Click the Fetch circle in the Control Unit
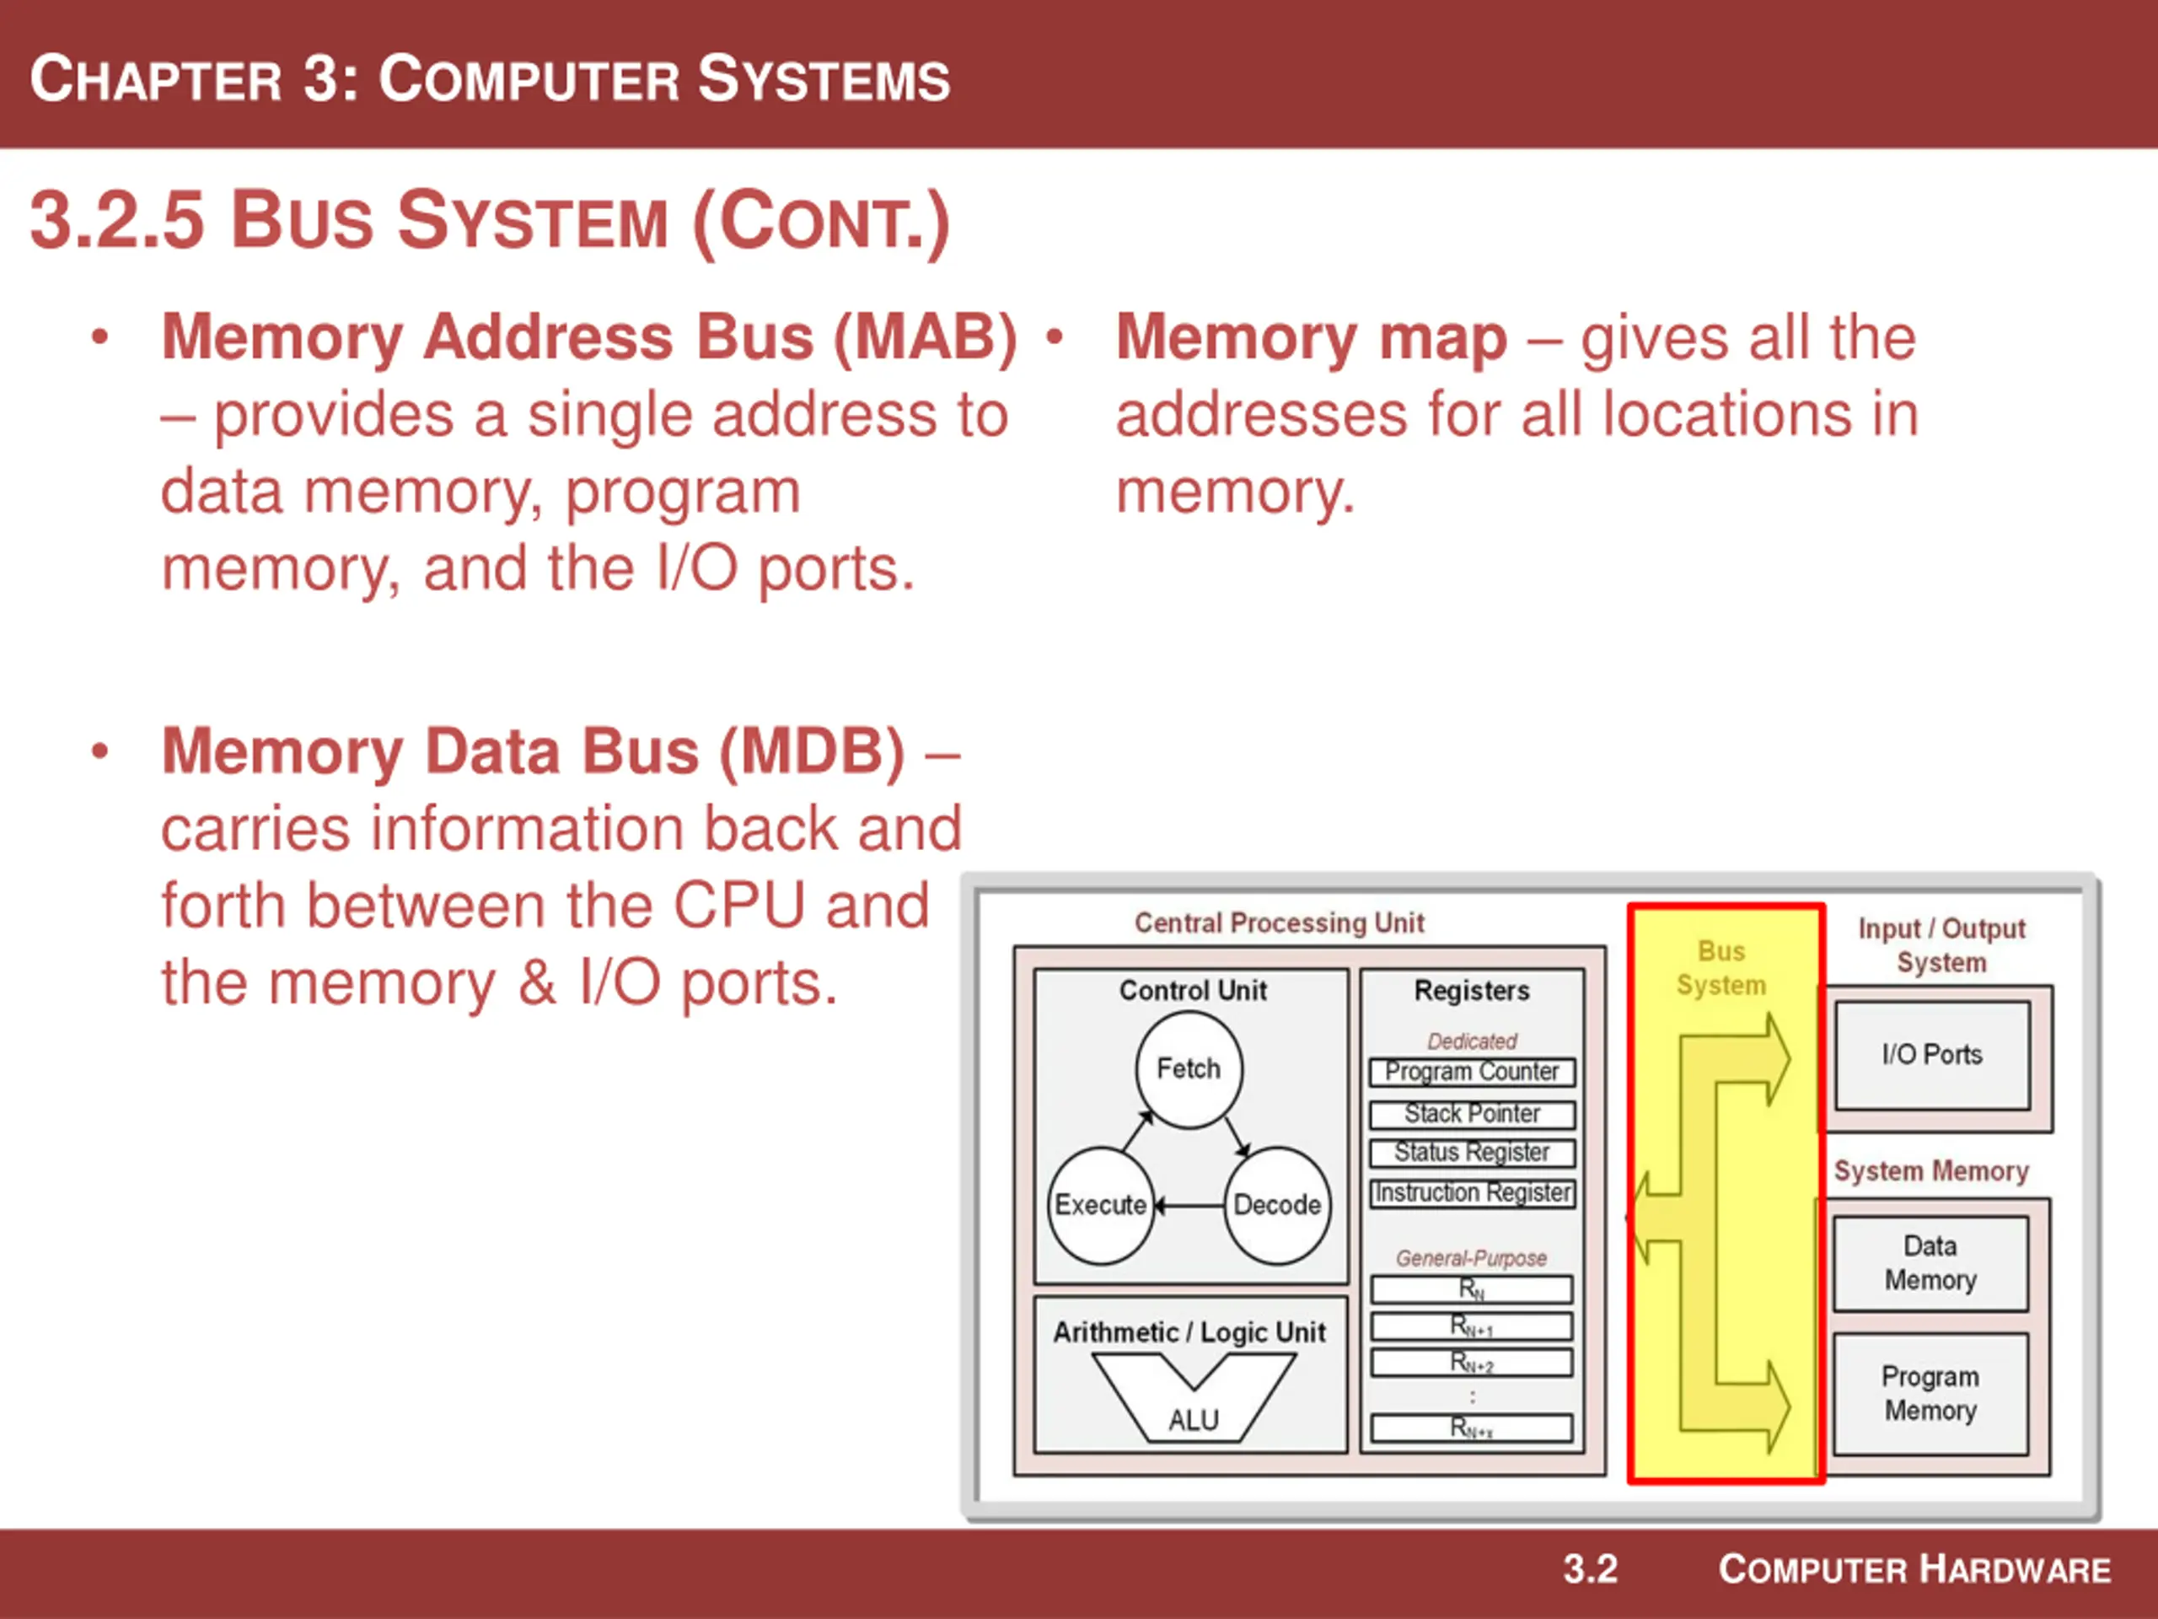[1189, 1068]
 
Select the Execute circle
[1100, 1204]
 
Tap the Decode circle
[1277, 1204]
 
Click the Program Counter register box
[1471, 1072]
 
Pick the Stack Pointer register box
[1471, 1114]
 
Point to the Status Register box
[1471, 1153]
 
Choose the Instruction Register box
[1471, 1192]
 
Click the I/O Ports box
[1932, 1055]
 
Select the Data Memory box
[1930, 1263]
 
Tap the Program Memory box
[1930, 1394]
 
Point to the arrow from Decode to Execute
[1189, 1206]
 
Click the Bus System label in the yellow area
[1721, 968]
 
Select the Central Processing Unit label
[1279, 923]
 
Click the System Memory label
[1930, 1171]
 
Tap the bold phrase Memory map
[1311, 337]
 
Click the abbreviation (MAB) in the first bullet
[925, 337]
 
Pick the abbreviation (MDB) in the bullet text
[812, 751]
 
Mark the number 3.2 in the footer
[1590, 1569]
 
